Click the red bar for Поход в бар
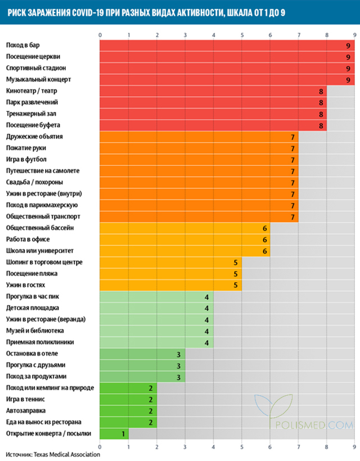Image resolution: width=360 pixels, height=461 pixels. click(225, 46)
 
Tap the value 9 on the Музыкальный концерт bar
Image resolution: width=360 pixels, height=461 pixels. click(349, 80)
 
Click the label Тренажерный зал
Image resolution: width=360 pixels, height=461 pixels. click(31, 114)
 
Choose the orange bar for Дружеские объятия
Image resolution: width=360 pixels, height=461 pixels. click(197, 137)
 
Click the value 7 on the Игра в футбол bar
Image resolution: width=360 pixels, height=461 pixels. click(293, 160)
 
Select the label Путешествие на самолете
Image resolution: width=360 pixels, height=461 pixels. click(43, 171)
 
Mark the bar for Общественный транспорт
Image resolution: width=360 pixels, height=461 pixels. click(197, 217)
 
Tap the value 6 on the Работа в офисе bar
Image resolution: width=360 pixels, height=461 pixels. click(264, 239)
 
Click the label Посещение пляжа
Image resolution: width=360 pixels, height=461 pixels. click(31, 274)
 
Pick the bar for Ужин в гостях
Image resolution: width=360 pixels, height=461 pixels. click(169, 285)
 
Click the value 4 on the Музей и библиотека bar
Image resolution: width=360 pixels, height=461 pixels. click(207, 331)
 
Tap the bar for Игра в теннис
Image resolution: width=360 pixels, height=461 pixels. click(127, 400)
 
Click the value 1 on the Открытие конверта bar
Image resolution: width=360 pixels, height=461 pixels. click(122, 434)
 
